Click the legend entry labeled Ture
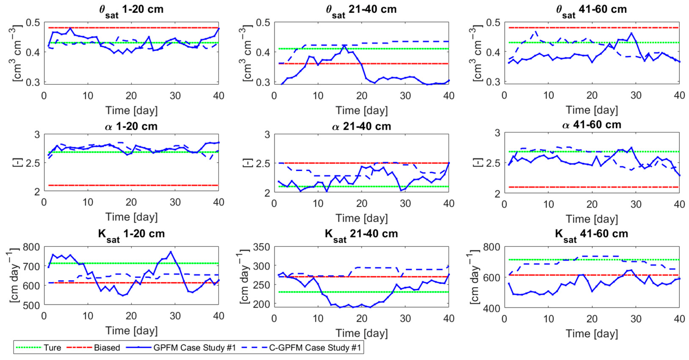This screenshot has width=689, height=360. pos(52,348)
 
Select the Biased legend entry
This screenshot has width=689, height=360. pos(107,348)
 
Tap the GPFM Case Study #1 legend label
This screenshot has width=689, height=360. pos(195,348)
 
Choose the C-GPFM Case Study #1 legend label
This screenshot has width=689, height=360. pos(315,348)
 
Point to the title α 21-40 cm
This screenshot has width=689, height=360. pos(361,126)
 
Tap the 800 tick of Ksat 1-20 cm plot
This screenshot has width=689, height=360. pos(31,247)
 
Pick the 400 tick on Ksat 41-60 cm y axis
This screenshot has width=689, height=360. pos(491,309)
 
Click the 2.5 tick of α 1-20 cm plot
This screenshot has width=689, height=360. pos(33,163)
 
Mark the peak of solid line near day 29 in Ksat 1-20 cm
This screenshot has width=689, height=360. pos(171,252)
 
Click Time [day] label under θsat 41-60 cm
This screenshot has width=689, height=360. pos(592,110)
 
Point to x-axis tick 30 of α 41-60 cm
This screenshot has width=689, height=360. pos(636,204)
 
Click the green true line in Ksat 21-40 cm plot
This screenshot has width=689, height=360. pos(361,292)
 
